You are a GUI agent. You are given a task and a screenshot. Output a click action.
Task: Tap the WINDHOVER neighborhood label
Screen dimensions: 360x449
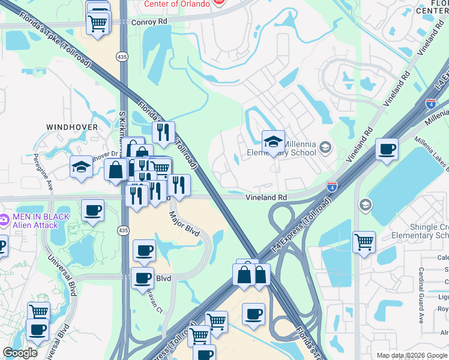(x=71, y=127)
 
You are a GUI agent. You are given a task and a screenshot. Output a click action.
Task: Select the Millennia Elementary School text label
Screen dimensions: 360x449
(x=281, y=148)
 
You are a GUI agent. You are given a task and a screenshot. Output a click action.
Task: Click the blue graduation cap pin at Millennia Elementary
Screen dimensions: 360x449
(x=273, y=142)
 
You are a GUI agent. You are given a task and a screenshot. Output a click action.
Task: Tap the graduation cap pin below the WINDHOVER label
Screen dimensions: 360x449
(x=81, y=167)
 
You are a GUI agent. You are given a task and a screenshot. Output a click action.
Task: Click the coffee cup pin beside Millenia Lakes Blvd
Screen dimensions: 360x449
(x=387, y=149)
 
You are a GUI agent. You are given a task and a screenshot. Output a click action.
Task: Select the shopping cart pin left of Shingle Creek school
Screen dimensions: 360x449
(x=364, y=242)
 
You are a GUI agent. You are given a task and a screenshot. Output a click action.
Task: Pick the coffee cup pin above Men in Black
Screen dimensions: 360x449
(x=92, y=211)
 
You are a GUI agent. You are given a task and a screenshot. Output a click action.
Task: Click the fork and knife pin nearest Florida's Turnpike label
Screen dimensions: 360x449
(x=163, y=132)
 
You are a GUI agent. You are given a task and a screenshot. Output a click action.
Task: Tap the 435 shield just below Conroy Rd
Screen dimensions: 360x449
(x=121, y=56)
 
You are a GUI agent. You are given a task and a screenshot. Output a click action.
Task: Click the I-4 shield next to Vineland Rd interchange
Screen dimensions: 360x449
(x=331, y=187)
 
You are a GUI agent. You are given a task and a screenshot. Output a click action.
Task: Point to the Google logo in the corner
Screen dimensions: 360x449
(x=20, y=353)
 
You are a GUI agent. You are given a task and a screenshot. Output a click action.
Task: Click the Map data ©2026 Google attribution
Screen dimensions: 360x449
(x=411, y=355)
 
